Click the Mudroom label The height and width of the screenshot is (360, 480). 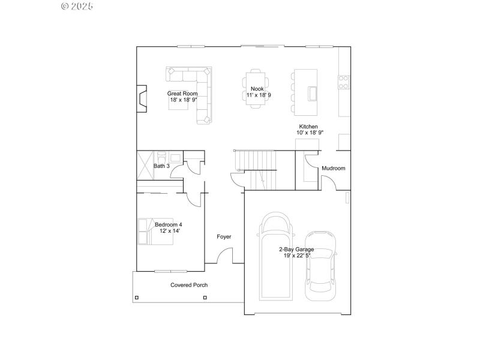click(334, 169)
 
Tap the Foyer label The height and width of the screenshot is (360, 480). click(224, 237)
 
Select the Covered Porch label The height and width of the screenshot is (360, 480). click(189, 285)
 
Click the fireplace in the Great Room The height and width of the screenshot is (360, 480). click(141, 99)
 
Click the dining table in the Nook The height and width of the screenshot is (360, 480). click(254, 89)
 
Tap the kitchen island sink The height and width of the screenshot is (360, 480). click(312, 94)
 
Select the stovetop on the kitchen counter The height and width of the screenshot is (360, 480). click(344, 82)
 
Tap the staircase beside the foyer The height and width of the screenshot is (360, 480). click(257, 169)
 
